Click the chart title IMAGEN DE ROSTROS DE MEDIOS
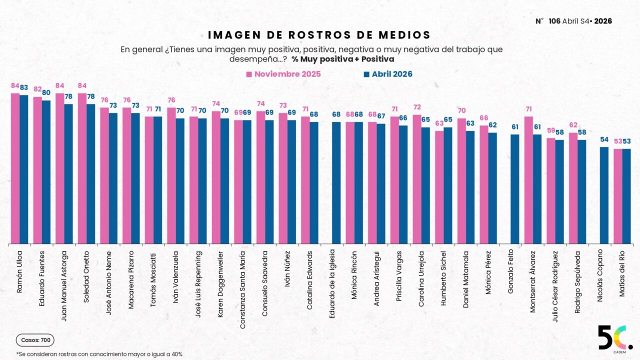click(x=319, y=35)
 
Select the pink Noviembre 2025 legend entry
click(x=283, y=74)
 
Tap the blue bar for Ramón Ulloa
click(x=24, y=169)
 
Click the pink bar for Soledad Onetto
click(x=82, y=168)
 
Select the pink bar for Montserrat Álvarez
click(x=528, y=180)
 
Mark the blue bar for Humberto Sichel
click(x=447, y=185)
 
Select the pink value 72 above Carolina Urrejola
click(x=417, y=107)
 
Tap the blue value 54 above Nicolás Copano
click(x=604, y=139)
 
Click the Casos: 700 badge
click(x=35, y=340)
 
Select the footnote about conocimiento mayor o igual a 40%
click(x=99, y=354)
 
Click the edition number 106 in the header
click(x=554, y=21)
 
